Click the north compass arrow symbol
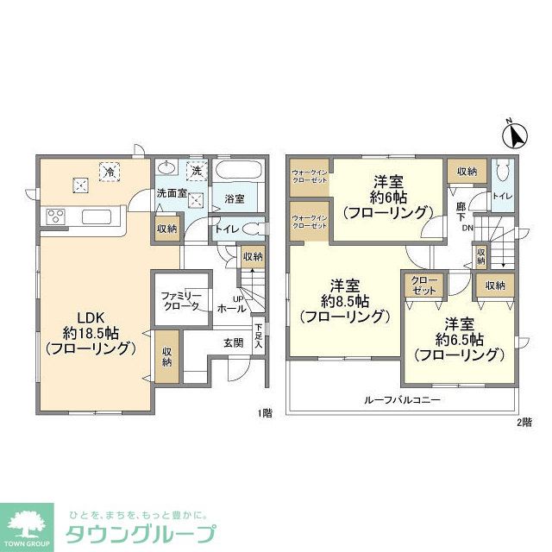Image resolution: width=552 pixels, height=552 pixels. tap(516, 135)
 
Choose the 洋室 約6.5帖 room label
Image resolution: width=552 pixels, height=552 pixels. tap(458, 338)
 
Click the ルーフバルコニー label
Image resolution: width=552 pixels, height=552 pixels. tap(403, 400)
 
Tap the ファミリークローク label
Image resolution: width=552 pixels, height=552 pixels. tap(182, 301)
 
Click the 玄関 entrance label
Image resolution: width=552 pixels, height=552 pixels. tap(234, 342)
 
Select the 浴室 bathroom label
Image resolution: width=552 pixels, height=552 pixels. tap(235, 198)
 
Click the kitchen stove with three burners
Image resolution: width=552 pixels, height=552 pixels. tap(55, 216)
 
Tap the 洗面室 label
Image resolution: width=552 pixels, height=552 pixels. tap(172, 193)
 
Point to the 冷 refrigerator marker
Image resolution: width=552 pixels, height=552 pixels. tap(110, 172)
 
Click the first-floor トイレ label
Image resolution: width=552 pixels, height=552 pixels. tap(226, 229)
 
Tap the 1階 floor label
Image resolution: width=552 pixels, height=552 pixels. tap(266, 413)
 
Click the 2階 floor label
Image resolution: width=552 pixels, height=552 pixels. tap(524, 422)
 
